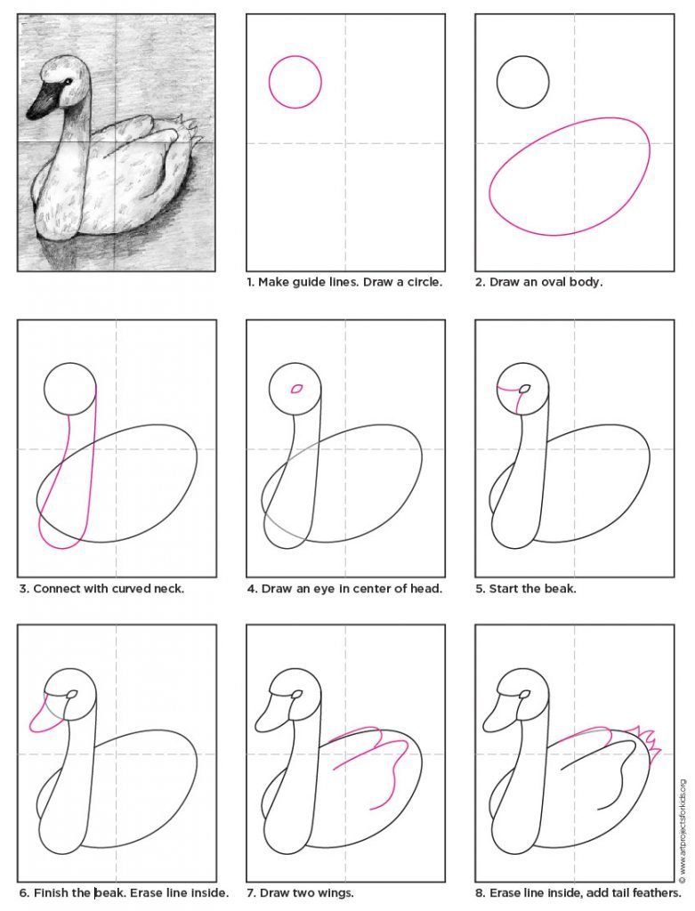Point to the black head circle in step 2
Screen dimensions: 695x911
pos(523,57)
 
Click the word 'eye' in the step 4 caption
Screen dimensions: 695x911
pos(323,589)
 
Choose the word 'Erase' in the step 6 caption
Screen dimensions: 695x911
pos(146,892)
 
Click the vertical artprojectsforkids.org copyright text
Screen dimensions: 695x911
pos(683,821)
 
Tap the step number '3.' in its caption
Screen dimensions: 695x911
pos(24,589)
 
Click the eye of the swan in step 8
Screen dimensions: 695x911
pos(525,694)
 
